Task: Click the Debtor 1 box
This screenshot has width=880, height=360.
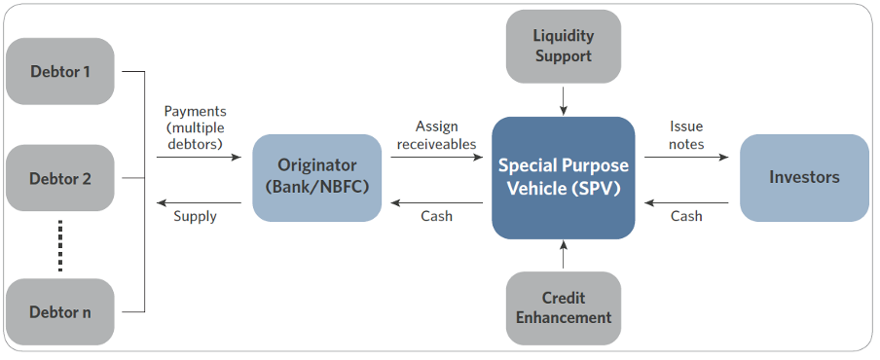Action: (60, 71)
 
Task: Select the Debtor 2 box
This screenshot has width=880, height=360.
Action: (60, 178)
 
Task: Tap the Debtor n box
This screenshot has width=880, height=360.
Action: (60, 311)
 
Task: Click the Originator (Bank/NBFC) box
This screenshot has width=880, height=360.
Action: (317, 178)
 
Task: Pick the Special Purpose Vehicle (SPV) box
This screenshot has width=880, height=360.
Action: (564, 178)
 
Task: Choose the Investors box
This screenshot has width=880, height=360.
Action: (804, 178)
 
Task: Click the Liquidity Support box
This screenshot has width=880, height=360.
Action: (564, 47)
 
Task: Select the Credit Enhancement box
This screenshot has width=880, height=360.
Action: (564, 307)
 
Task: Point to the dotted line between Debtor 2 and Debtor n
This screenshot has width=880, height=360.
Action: (60, 245)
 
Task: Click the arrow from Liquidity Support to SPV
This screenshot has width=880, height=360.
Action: (564, 100)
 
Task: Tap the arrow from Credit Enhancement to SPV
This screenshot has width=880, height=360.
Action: (564, 256)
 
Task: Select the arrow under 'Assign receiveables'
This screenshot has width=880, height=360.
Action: (437, 158)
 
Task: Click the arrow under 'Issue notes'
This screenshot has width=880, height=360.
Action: (686, 158)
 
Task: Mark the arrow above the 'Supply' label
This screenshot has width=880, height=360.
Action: (200, 203)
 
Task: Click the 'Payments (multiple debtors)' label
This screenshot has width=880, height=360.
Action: (195, 127)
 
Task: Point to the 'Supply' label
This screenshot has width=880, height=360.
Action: (196, 216)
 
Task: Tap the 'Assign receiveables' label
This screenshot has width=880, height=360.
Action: (437, 135)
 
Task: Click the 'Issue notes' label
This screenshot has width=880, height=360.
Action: (686, 135)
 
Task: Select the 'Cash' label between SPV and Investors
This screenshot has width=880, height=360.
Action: (686, 216)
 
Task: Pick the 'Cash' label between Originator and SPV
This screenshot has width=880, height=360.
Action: (437, 216)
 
